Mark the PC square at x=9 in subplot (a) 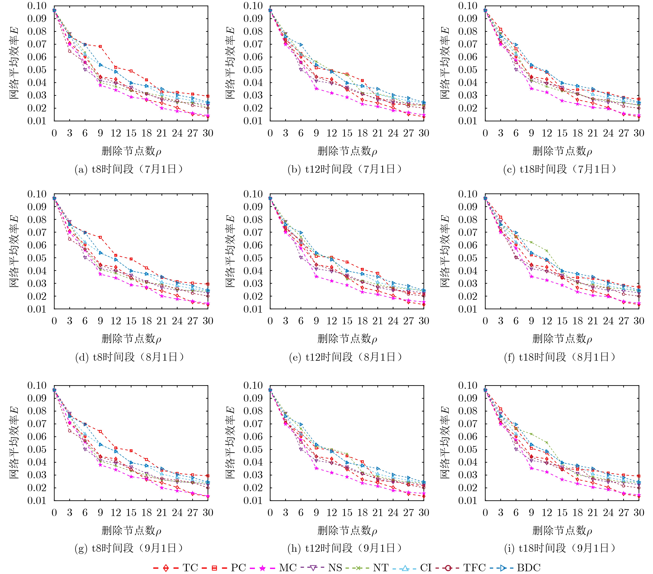tap(100, 47)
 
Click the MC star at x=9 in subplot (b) tap(316, 88)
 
